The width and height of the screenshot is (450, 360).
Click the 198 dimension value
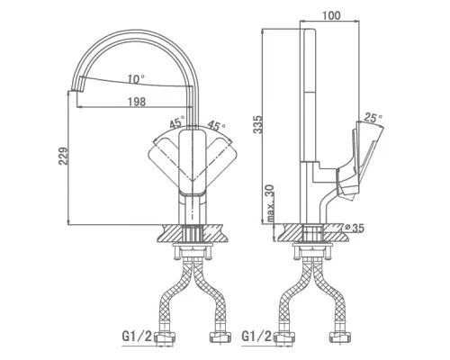pyautogui.click(x=137, y=102)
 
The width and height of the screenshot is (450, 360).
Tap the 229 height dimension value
pyautogui.click(x=63, y=156)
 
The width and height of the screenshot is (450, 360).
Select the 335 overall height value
pyautogui.click(x=257, y=124)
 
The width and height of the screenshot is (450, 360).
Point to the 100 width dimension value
pyautogui.click(x=331, y=15)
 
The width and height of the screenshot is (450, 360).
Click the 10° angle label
pyautogui.click(x=136, y=79)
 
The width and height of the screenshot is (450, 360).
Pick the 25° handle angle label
pyautogui.click(x=373, y=118)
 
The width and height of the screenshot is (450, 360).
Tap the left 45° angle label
pyautogui.click(x=177, y=122)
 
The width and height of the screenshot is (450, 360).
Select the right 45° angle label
pyautogui.click(x=217, y=125)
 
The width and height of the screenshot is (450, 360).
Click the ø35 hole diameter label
pyautogui.click(x=355, y=228)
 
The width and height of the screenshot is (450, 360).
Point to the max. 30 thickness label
pyautogui.click(x=270, y=203)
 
